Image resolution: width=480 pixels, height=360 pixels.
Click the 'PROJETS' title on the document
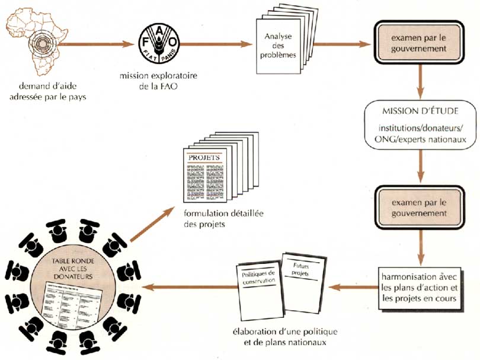pyautogui.click(x=204, y=158)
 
